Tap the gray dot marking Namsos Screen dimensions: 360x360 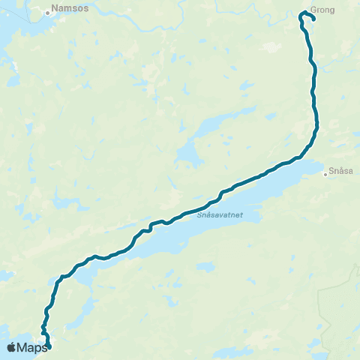47,12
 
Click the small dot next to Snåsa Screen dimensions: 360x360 325,174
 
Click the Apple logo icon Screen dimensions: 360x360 10,347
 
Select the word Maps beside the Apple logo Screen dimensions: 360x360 33,347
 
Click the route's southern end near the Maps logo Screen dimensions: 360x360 49,346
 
